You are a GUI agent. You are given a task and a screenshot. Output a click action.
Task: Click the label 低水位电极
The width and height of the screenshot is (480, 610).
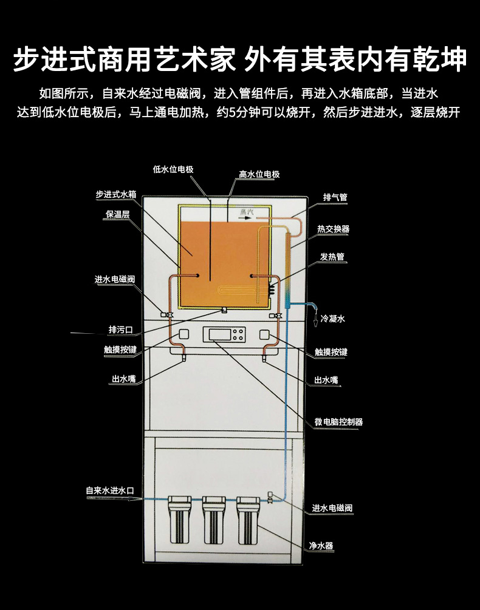(173, 169)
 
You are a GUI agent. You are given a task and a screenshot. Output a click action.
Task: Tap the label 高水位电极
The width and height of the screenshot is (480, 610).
(259, 174)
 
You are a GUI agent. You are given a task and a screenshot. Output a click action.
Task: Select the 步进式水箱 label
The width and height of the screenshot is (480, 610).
(116, 194)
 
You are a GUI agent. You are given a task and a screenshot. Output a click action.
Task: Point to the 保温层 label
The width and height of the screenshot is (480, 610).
(117, 214)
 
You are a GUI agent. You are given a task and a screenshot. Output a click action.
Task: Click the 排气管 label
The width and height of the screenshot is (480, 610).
(335, 197)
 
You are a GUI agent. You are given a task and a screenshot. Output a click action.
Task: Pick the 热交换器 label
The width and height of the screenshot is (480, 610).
(333, 229)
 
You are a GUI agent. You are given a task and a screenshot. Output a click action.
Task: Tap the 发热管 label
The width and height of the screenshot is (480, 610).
(332, 257)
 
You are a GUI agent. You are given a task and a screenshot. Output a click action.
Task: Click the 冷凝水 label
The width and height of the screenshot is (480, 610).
(333, 319)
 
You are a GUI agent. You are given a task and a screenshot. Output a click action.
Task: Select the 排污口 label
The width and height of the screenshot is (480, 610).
(121, 330)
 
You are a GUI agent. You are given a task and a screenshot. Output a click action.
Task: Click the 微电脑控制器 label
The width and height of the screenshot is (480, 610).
(338, 422)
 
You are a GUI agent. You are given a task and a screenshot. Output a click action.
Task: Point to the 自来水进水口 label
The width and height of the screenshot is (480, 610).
(110, 490)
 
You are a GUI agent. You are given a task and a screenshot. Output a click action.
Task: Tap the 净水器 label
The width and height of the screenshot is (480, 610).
(321, 546)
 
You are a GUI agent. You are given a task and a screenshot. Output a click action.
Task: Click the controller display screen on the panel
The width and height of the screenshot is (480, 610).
(218, 334)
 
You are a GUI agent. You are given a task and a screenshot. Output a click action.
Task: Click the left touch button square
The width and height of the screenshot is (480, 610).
(183, 334)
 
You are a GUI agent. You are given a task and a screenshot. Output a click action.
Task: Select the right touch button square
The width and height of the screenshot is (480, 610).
(264, 334)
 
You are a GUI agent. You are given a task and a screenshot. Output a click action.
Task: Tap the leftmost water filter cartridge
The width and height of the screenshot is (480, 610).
(179, 520)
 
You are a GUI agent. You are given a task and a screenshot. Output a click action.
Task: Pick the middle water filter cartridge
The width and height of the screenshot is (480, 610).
(214, 521)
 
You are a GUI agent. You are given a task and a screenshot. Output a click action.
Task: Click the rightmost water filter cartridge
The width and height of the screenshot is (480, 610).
(248, 521)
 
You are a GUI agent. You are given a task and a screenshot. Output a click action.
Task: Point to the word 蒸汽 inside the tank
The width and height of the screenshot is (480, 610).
(247, 212)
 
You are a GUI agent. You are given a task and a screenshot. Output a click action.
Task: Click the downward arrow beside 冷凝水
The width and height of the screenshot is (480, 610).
(316, 321)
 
